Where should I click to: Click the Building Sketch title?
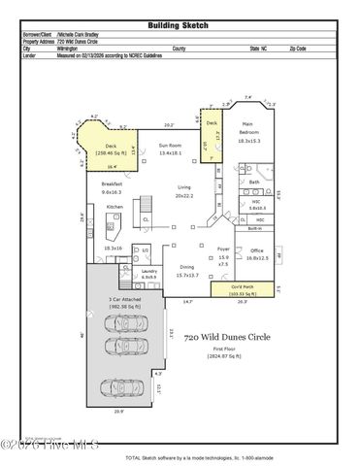pyautogui.click(x=180, y=25)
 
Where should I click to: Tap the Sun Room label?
pyautogui.click(x=171, y=148)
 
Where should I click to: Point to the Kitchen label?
pyautogui.click(x=115, y=207)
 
